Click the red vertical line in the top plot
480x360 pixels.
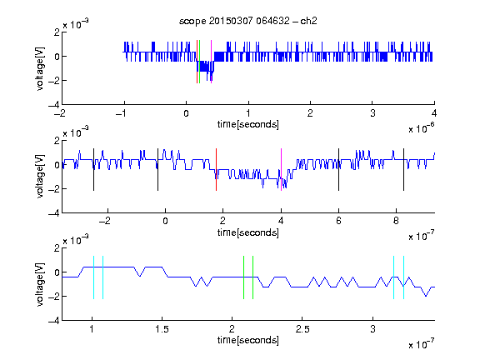pos(197,62)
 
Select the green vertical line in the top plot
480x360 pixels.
pos(200,62)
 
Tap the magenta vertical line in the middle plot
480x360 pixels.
pos(281,170)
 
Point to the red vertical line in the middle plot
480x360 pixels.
pos(216,170)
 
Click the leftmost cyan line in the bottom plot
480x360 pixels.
pos(93,277)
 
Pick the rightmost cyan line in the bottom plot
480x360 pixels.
pos(404,277)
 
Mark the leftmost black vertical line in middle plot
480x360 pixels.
pos(93,170)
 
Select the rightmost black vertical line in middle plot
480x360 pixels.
pos(403,170)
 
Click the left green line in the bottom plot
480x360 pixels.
pos(243,277)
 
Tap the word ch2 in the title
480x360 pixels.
pos(308,21)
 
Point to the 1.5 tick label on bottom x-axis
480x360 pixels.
pos(162,329)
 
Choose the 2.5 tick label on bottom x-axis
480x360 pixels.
pos(302,329)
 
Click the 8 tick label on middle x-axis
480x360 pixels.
pos(396,221)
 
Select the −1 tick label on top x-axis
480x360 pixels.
pos(121,113)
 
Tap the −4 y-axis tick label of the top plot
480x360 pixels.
pos(54,105)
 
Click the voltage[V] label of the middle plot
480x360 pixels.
pos(40,177)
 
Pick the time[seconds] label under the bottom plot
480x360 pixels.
pos(248,340)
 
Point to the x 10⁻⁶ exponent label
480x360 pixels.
pos(422,128)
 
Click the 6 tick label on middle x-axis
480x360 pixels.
pos(338,221)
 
